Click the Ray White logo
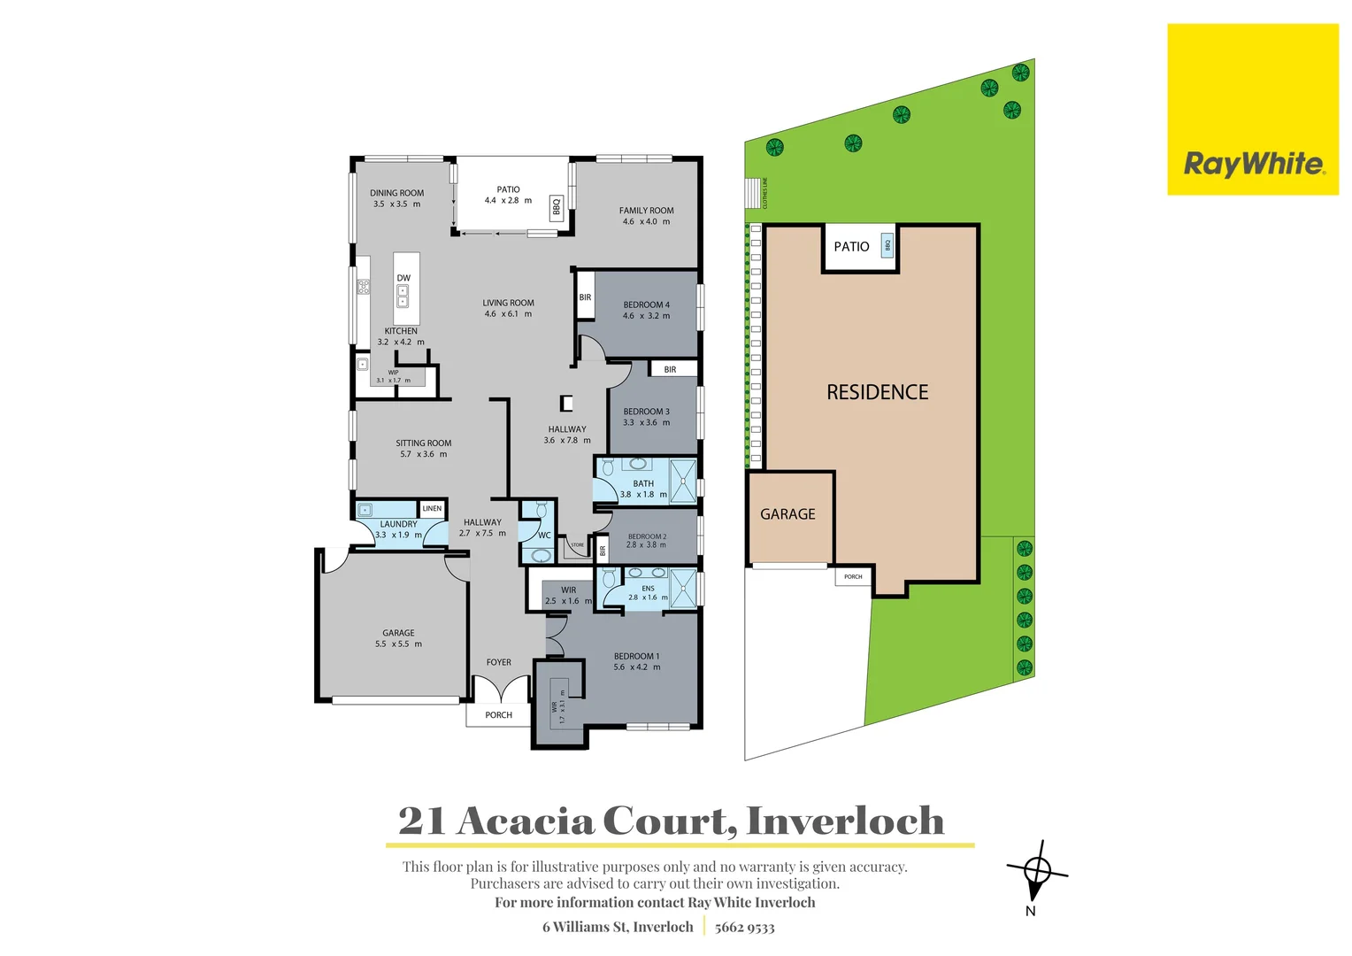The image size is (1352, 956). (1253, 164)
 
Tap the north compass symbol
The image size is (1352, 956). (1037, 873)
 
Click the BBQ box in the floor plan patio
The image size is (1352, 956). (557, 206)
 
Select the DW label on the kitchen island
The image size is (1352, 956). (403, 278)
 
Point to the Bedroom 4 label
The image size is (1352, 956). (646, 305)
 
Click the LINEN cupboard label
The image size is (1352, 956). (432, 508)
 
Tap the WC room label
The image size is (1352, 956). (544, 535)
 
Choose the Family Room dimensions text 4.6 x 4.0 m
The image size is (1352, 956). (646, 222)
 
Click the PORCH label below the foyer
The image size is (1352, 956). (498, 715)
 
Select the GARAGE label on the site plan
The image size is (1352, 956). (787, 514)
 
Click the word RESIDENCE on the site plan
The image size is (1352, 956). (877, 392)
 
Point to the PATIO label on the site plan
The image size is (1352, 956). (851, 247)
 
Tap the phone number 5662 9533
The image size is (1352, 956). (744, 928)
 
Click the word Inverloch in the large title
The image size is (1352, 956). (845, 821)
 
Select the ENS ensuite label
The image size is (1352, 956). (648, 588)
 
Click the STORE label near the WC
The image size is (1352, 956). (577, 545)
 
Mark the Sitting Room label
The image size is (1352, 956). (423, 443)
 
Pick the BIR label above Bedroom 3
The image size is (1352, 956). (670, 369)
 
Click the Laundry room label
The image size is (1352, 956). (398, 524)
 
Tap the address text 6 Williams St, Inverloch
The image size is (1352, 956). (618, 927)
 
